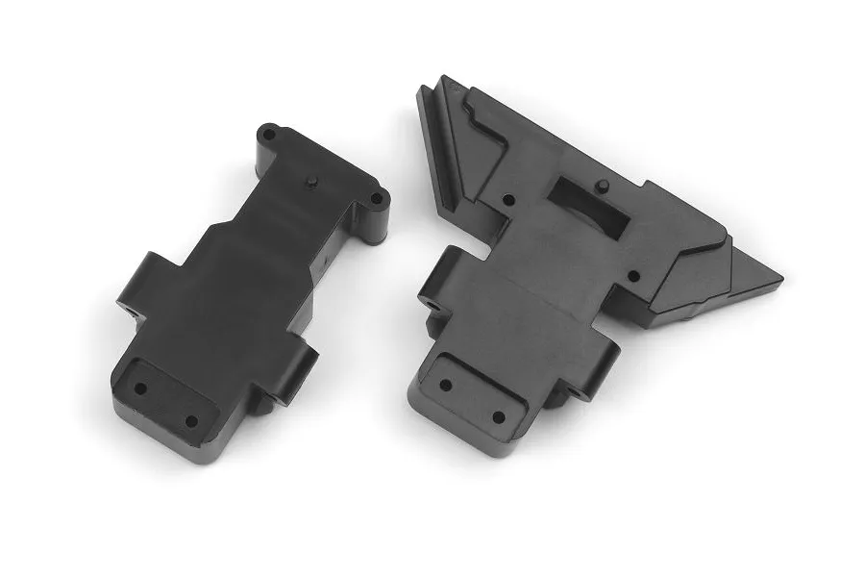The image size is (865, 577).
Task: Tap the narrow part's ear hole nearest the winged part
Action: [376, 201]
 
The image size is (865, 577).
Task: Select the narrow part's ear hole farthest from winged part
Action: [270, 135]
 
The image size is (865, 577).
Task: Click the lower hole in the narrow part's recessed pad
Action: [189, 420]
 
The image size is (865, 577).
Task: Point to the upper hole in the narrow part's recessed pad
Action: [140, 389]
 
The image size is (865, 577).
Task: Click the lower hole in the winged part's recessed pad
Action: [497, 417]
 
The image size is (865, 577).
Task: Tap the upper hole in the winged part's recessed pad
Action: [445, 385]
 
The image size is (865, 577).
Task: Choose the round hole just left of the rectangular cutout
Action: [508, 199]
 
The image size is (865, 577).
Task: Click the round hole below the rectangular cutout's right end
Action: [632, 276]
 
